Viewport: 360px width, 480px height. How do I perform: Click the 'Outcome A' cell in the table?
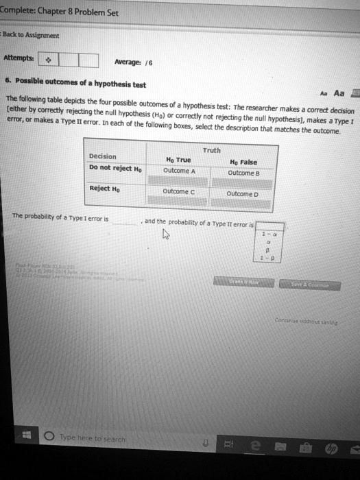[x=180, y=171]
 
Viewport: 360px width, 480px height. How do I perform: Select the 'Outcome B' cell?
[x=245, y=173]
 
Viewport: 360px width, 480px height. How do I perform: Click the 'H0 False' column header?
[x=244, y=162]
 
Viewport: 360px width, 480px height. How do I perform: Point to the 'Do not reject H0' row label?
[x=116, y=167]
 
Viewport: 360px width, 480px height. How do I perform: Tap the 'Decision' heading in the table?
[x=103, y=156]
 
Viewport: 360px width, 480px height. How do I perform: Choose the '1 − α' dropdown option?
[x=267, y=235]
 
